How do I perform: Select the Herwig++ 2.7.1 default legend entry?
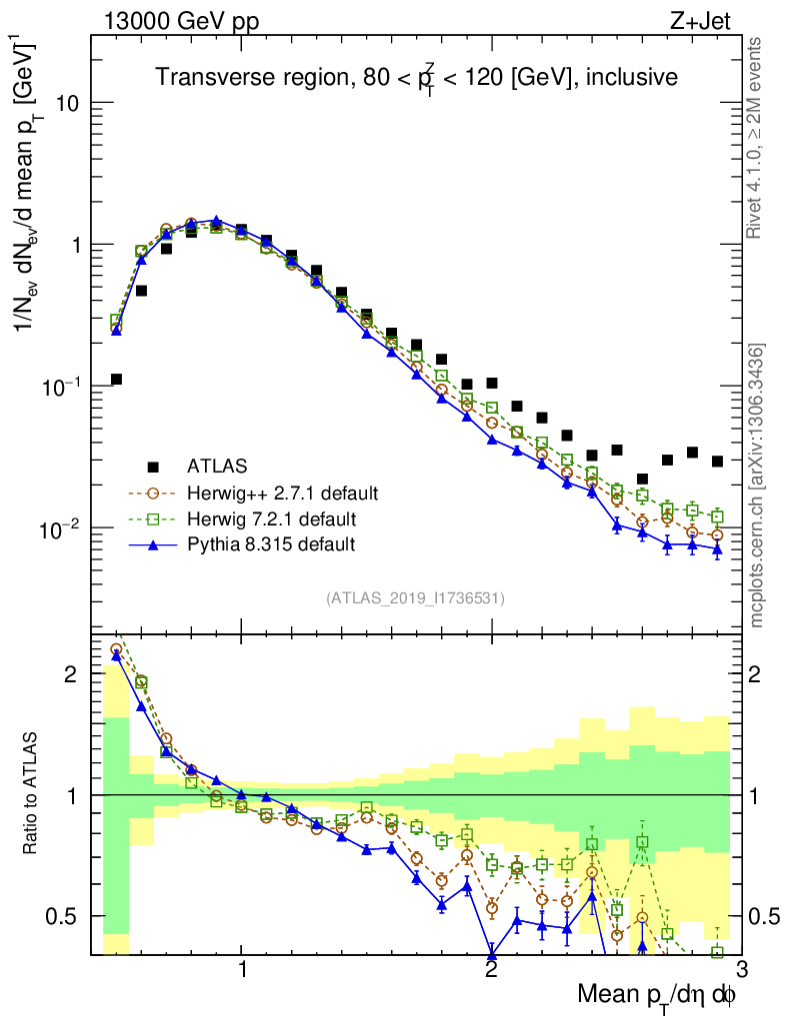[x=282, y=493]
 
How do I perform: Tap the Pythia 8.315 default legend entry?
[x=270, y=544]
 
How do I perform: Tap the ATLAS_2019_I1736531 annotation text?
[x=415, y=598]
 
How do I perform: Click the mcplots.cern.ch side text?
[x=758, y=487]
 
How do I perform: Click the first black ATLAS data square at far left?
[x=116, y=380]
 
